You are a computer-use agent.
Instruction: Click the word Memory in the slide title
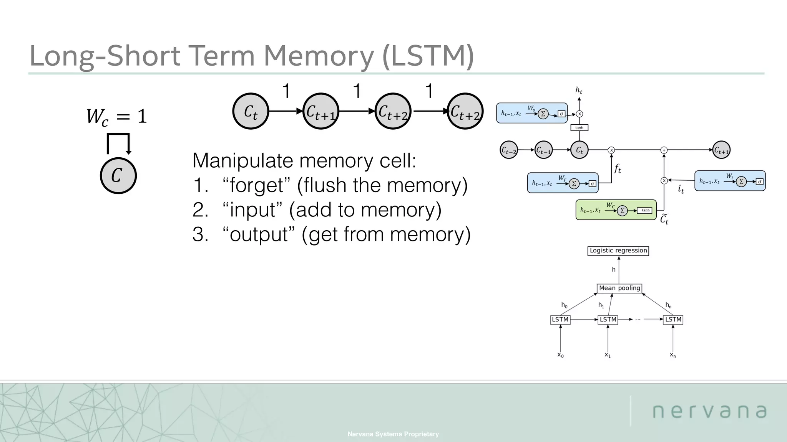[x=318, y=56]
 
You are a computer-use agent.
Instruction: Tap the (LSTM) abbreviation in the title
[x=428, y=56]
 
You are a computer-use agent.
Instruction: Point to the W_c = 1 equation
[x=116, y=116]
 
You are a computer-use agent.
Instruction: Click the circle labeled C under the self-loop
[x=118, y=176]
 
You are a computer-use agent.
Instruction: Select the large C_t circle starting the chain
[x=251, y=111]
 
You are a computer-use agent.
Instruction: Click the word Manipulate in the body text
[x=242, y=160]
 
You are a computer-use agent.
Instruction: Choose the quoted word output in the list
[x=259, y=234]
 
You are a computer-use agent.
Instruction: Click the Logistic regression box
[x=618, y=251]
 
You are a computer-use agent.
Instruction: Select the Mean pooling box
[x=619, y=288]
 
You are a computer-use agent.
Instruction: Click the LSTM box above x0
[x=560, y=320]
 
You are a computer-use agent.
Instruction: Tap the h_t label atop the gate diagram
[x=579, y=91]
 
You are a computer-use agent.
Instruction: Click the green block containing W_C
[x=616, y=210]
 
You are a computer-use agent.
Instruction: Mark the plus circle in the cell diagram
[x=664, y=150]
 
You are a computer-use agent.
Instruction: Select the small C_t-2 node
[x=509, y=150]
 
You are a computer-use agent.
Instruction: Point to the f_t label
[x=617, y=168]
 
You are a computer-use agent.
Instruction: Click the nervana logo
[x=709, y=411]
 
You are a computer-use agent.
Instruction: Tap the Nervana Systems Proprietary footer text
[x=393, y=434]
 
